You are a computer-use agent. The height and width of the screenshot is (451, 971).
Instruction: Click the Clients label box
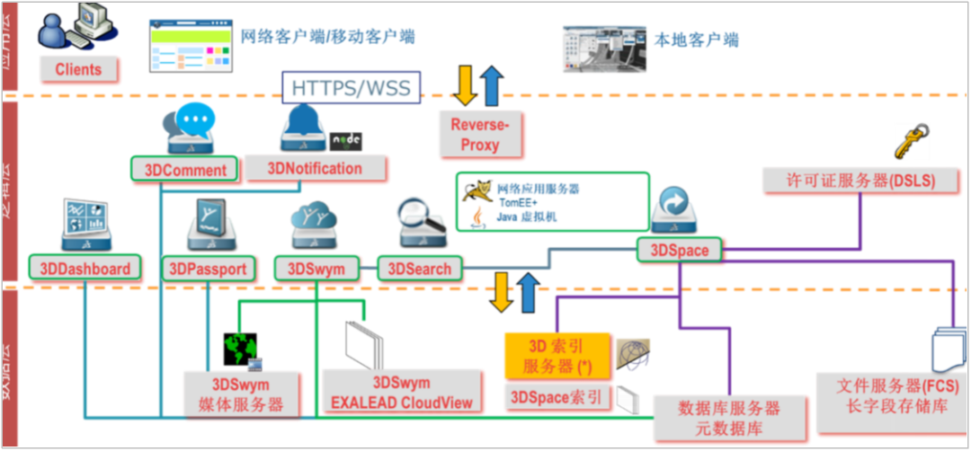pyautogui.click(x=78, y=69)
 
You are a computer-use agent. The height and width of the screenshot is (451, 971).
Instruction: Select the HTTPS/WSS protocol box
pyautogui.click(x=351, y=88)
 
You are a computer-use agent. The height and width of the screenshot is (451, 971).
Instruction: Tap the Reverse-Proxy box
pyautogui.click(x=480, y=135)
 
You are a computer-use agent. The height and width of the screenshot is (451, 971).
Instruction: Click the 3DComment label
pyautogui.click(x=184, y=169)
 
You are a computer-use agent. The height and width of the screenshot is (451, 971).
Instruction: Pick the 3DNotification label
pyautogui.click(x=315, y=168)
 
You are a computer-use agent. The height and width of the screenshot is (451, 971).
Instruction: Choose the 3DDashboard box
pyautogui.click(x=85, y=268)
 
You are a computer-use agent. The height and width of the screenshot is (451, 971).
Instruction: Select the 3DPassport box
pyautogui.click(x=208, y=269)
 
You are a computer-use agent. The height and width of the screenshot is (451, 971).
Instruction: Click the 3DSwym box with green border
pyautogui.click(x=316, y=269)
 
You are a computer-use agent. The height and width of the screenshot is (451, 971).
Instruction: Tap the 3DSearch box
pyautogui.click(x=419, y=268)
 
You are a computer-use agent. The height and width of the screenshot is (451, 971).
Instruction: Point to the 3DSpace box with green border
pyautogui.click(x=680, y=251)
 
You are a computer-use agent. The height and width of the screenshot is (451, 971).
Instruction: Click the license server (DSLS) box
pyautogui.click(x=848, y=181)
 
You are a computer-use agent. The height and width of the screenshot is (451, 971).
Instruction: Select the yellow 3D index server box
pyautogui.click(x=555, y=356)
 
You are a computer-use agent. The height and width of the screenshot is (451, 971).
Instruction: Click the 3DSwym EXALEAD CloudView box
pyautogui.click(x=401, y=393)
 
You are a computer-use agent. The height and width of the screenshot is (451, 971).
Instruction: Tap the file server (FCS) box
pyautogui.click(x=891, y=396)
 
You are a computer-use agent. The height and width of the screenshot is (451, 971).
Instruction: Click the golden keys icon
pyautogui.click(x=909, y=141)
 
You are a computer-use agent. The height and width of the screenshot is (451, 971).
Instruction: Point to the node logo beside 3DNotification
pyautogui.click(x=345, y=140)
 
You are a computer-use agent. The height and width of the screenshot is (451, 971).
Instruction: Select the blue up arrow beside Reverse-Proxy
pyautogui.click(x=492, y=85)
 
